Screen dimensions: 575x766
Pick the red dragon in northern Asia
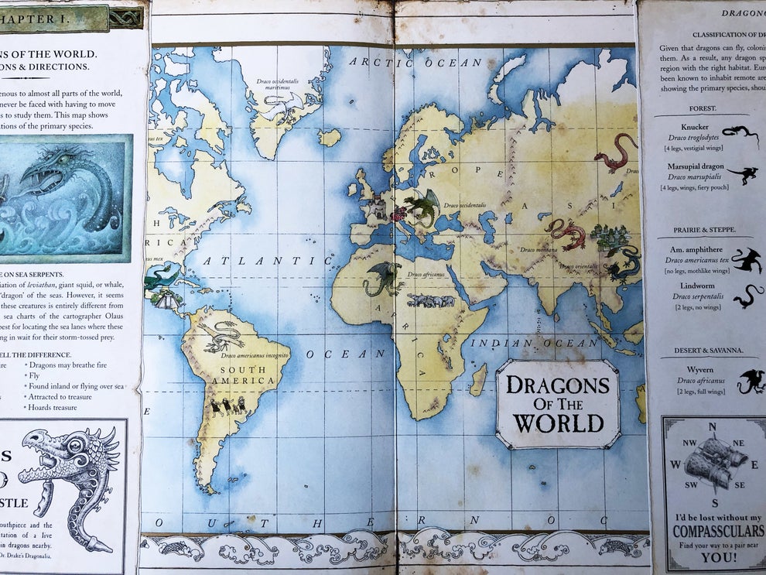[616, 152]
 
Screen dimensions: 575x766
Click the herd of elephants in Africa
[431, 300]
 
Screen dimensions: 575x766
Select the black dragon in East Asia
[624, 264]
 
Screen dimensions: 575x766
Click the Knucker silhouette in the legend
[740, 134]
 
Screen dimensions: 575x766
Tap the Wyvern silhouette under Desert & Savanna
[750, 381]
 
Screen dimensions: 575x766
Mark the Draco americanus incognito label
[255, 355]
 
